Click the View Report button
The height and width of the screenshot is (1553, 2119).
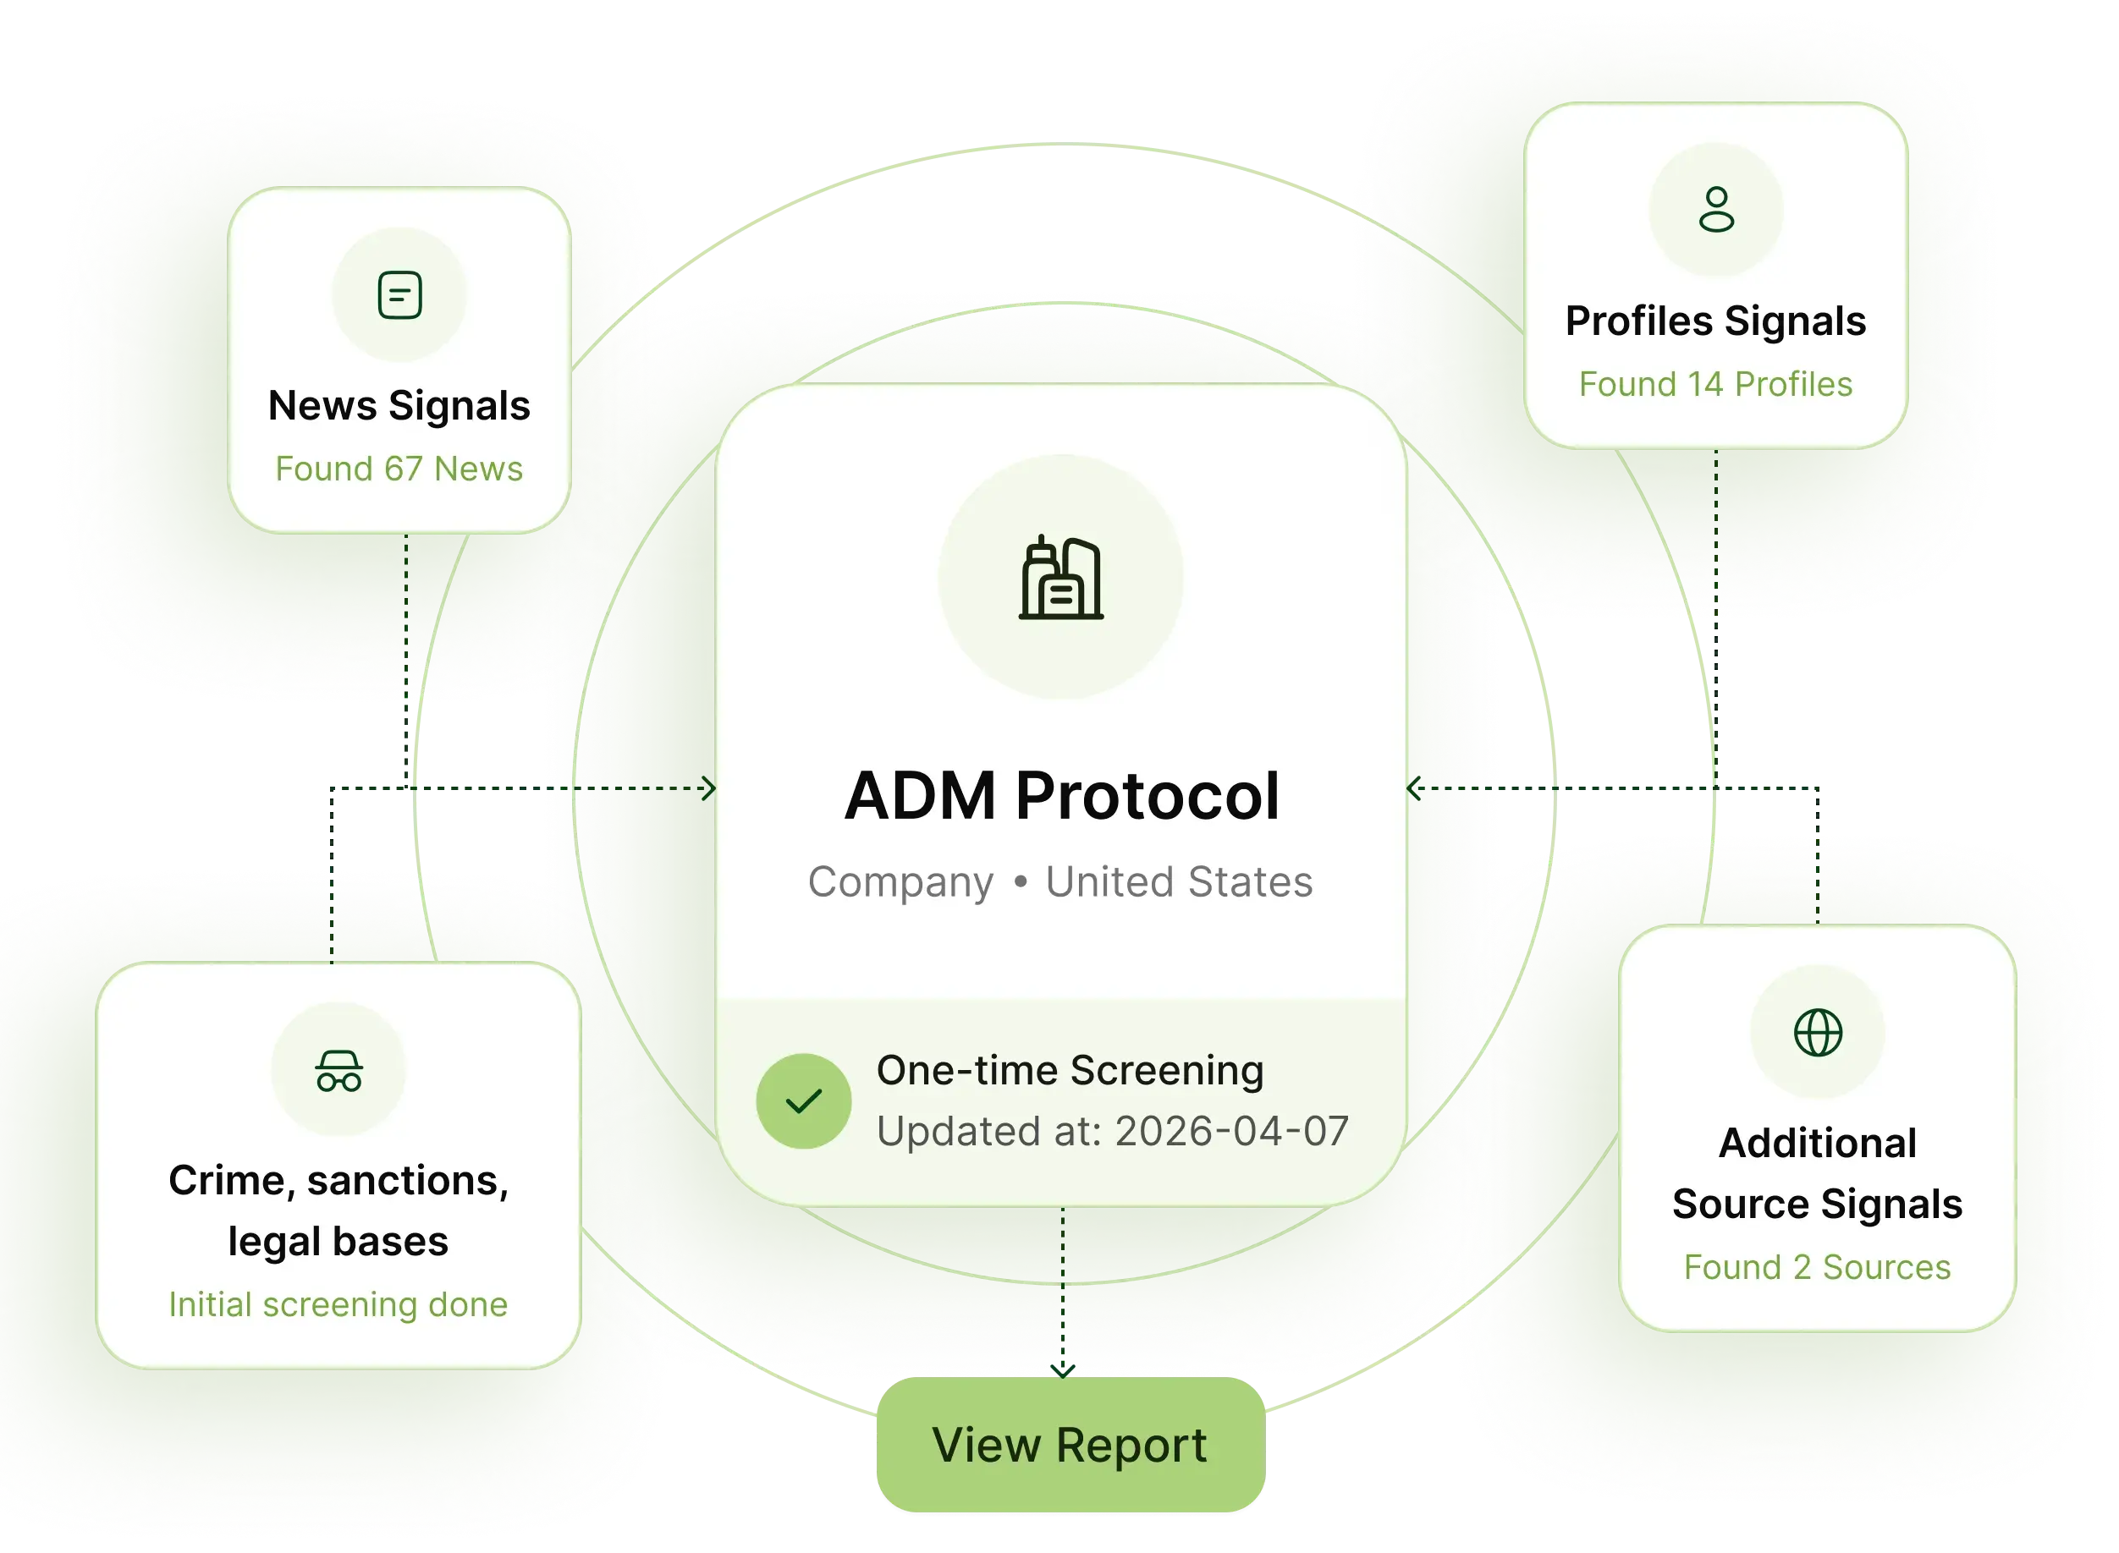pos(1071,1445)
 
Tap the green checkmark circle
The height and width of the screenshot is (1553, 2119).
pos(803,1100)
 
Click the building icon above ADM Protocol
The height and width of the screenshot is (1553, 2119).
pos(1061,577)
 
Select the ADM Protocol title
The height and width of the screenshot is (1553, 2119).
pos(1062,795)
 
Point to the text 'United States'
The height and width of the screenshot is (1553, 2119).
pos(1179,881)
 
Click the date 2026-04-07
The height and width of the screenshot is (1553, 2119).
pos(1232,1131)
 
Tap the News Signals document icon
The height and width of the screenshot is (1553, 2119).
pos(399,295)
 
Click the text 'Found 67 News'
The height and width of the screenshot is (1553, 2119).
pos(399,468)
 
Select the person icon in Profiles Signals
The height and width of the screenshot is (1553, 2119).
pos(1716,210)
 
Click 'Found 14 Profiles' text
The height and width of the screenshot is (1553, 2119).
pos(1715,383)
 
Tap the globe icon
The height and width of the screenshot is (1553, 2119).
pos(1818,1033)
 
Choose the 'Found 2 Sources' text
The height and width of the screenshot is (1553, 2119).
pos(1817,1266)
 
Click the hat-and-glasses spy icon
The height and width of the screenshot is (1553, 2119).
pos(338,1071)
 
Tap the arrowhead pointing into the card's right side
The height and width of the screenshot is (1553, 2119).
pos(1412,787)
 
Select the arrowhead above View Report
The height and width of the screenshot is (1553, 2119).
pos(1063,1370)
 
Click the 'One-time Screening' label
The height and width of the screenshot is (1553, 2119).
pos(1071,1070)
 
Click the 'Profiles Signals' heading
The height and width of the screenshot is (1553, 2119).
pos(1715,321)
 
